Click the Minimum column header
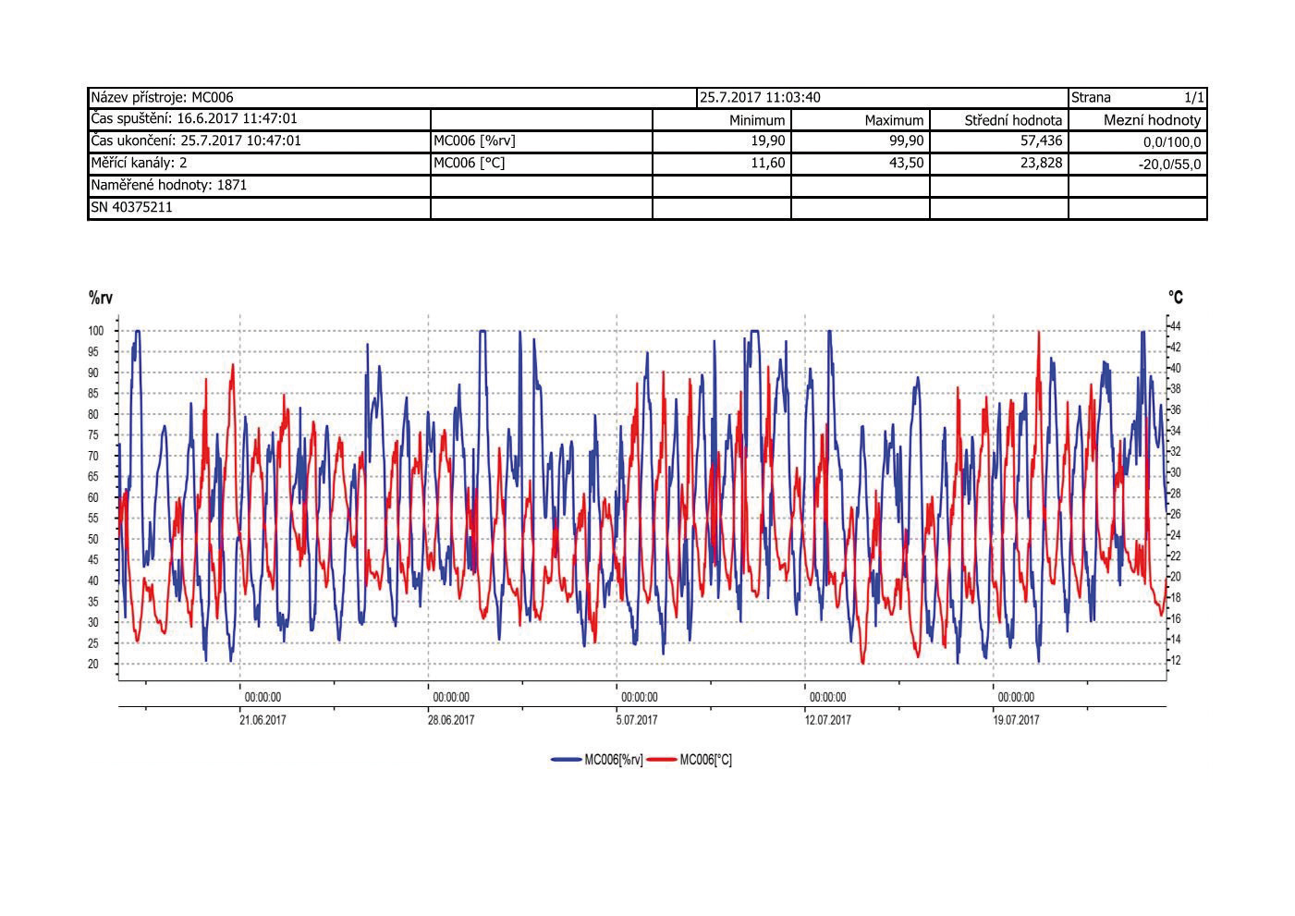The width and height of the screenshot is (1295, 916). click(x=757, y=120)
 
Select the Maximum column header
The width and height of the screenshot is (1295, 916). click(x=894, y=120)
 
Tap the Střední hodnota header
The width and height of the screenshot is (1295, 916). click(x=1013, y=120)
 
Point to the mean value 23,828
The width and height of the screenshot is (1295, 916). click(x=1041, y=164)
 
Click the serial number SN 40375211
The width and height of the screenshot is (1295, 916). click(x=131, y=207)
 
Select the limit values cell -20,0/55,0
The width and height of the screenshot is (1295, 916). click(x=1169, y=165)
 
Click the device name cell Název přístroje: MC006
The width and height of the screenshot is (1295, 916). click(x=163, y=97)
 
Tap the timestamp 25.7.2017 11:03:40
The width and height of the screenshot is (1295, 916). click(x=760, y=97)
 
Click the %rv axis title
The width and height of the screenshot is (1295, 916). click(x=101, y=298)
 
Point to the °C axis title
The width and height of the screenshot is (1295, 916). click(x=1175, y=298)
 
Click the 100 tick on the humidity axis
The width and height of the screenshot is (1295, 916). click(x=95, y=331)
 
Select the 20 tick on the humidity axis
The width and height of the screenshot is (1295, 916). click(x=94, y=665)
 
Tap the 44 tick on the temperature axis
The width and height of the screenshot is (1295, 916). click(x=1176, y=327)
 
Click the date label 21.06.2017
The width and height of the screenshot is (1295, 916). click(x=263, y=720)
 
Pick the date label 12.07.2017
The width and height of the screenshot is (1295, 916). click(x=827, y=720)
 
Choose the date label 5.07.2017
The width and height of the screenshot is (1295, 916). click(x=637, y=720)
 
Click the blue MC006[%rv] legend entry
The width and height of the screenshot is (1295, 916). click(x=597, y=760)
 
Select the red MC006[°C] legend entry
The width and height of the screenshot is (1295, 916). click(x=690, y=760)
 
